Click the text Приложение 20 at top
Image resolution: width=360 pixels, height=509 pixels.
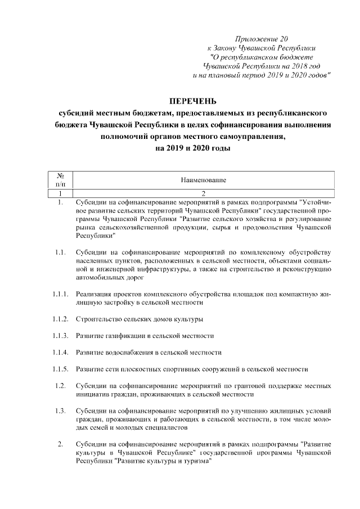click(261, 39)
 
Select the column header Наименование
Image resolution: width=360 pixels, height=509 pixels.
click(203, 180)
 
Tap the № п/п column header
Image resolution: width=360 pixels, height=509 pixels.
click(60, 180)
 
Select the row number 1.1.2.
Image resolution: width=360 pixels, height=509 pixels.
click(60, 319)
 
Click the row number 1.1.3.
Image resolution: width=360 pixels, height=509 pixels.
click(60, 336)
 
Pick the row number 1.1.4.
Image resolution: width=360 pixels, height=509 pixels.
click(60, 353)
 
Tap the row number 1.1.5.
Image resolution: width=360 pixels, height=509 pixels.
click(60, 370)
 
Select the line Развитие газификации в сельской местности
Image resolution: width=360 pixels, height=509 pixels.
click(145, 336)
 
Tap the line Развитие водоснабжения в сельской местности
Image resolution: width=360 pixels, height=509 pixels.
click(148, 353)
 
